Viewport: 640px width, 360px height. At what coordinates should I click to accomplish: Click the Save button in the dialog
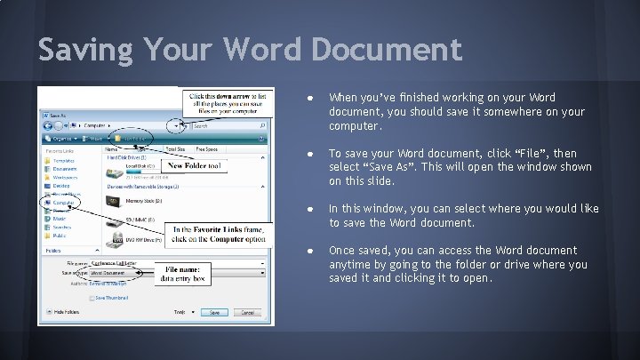click(x=214, y=313)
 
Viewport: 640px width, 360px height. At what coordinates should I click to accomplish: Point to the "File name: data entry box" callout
click(x=182, y=273)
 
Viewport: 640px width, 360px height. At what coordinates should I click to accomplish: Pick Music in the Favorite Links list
click(x=59, y=219)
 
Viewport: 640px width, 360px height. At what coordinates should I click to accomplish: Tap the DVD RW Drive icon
click(x=114, y=238)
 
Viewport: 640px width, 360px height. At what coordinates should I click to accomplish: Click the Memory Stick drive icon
click(x=115, y=200)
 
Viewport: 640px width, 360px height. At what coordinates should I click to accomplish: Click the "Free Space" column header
click(x=206, y=150)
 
